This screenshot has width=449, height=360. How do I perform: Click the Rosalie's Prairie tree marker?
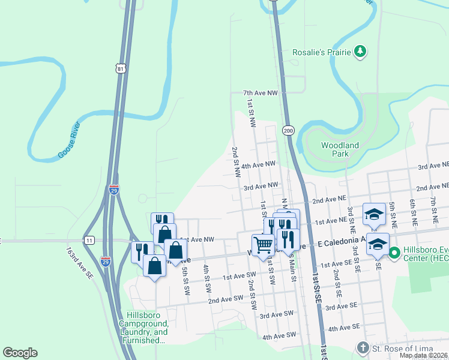(x=360, y=52)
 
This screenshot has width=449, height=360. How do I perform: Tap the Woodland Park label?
(x=340, y=149)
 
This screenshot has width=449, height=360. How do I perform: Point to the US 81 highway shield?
(x=122, y=69)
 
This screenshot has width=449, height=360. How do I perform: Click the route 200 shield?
(x=288, y=130)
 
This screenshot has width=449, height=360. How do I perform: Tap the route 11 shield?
(x=89, y=240)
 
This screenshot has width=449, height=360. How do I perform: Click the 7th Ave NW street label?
(x=261, y=93)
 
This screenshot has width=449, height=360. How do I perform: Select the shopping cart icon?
(x=263, y=245)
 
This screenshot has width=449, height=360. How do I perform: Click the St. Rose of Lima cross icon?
(x=362, y=347)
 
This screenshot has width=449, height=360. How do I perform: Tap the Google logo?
(x=20, y=353)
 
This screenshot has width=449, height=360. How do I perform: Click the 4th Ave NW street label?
(x=258, y=164)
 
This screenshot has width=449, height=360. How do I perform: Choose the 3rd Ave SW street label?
(x=276, y=314)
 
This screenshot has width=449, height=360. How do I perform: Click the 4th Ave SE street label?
(x=343, y=327)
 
